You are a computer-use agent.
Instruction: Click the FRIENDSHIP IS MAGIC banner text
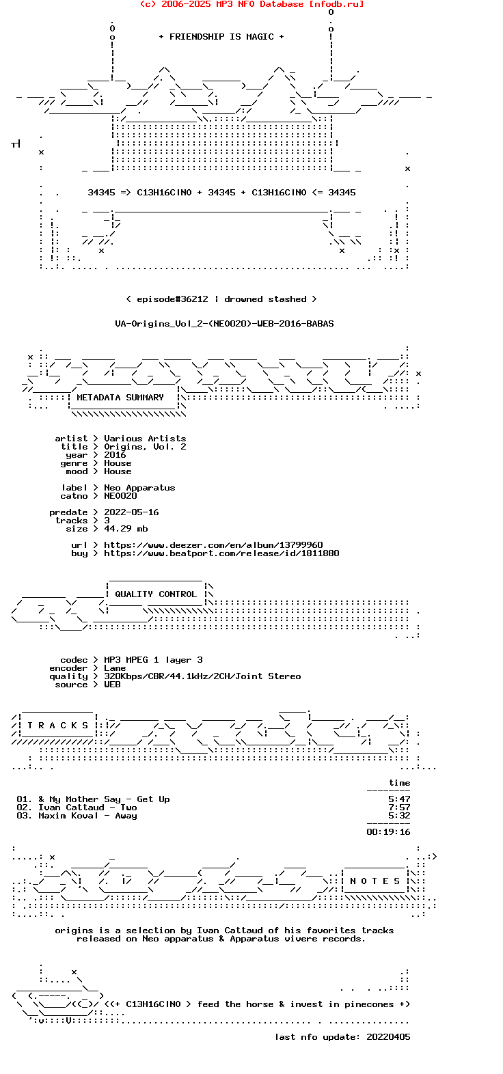(x=221, y=37)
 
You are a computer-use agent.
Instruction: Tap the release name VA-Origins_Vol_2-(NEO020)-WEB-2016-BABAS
(x=224, y=324)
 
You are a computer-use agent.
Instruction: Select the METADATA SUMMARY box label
(x=120, y=398)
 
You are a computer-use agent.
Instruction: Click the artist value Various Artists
(x=145, y=439)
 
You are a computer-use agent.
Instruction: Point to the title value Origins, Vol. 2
(x=145, y=447)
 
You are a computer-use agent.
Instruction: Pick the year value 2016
(x=115, y=455)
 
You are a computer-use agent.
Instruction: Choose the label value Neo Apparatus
(x=139, y=488)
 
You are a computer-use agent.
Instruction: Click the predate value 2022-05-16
(x=131, y=512)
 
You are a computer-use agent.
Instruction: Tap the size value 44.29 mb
(x=126, y=529)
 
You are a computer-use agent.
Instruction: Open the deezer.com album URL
(x=213, y=545)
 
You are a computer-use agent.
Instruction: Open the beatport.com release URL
(x=221, y=553)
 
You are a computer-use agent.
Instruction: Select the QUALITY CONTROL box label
(x=156, y=594)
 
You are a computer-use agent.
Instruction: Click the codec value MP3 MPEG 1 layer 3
(x=153, y=660)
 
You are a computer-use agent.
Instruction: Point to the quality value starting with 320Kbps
(x=202, y=676)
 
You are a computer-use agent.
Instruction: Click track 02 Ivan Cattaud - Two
(x=87, y=808)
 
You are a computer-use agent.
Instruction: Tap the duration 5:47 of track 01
(x=399, y=799)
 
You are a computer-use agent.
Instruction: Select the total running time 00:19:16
(x=388, y=832)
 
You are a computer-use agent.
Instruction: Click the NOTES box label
(x=375, y=881)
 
